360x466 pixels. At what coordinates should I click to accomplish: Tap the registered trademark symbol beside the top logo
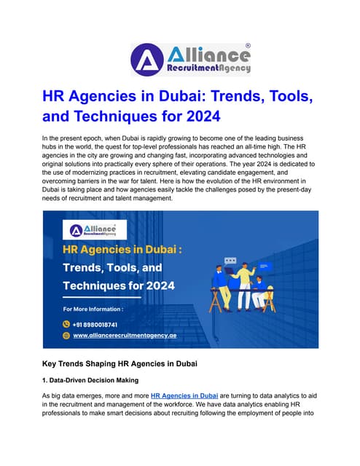[x=248, y=45]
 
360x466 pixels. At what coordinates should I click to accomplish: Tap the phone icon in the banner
[x=66, y=323]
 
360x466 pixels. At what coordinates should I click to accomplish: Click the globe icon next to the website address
[x=66, y=336]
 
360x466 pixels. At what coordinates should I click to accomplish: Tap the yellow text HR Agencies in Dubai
[x=122, y=251]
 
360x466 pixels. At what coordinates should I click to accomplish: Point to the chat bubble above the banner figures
[x=230, y=261]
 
